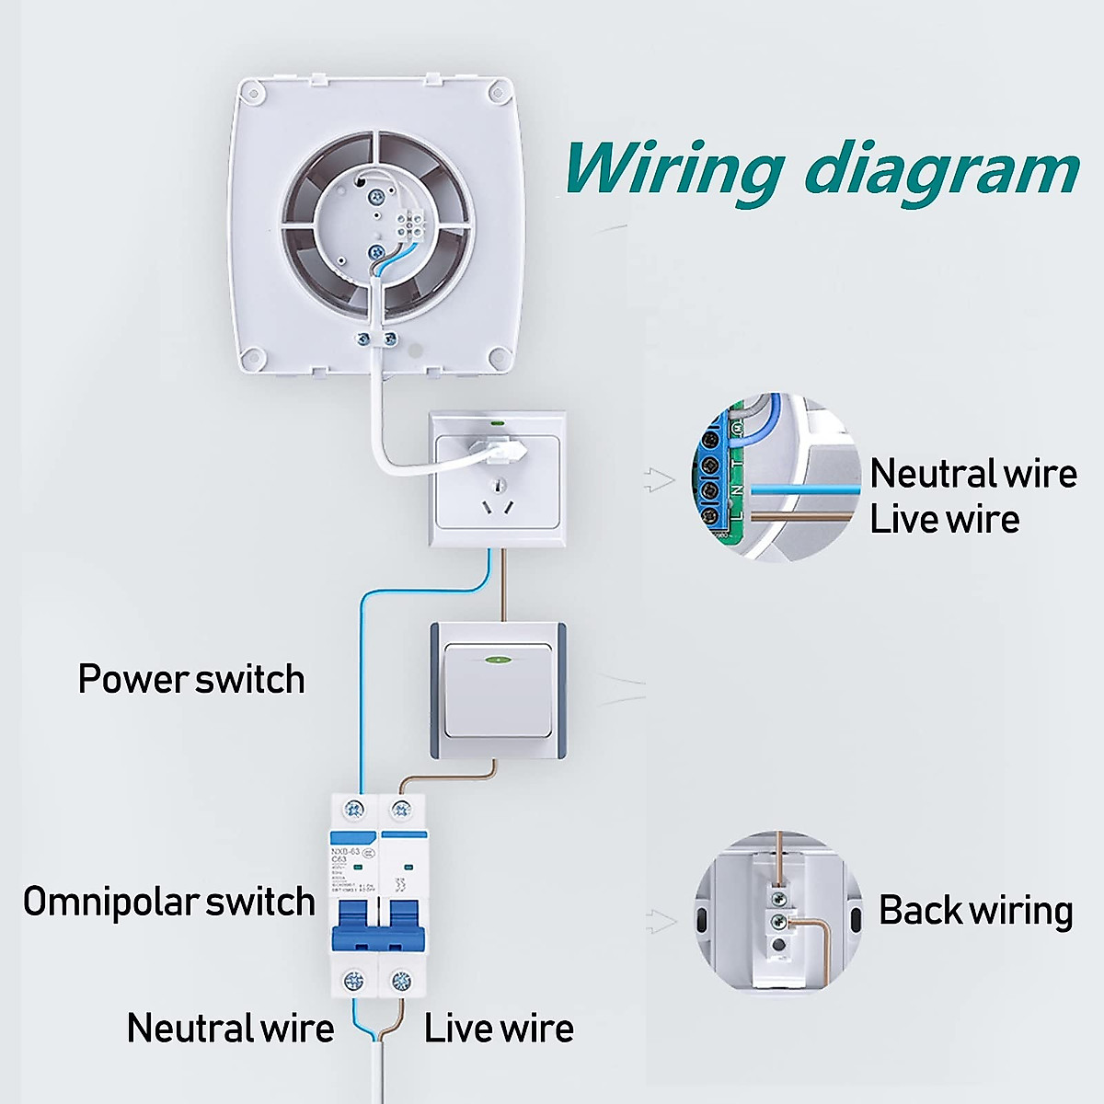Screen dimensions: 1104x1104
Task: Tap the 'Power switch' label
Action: [x=191, y=679]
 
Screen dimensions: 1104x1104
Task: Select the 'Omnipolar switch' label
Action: [x=169, y=902]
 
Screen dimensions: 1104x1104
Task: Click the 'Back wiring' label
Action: [x=975, y=910]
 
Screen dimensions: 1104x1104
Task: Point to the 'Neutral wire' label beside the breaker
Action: [x=230, y=1028]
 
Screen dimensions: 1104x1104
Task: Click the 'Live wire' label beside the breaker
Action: [x=499, y=1028]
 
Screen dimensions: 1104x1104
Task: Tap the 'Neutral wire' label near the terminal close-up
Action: [x=973, y=473]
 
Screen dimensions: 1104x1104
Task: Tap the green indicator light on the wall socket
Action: [x=498, y=424]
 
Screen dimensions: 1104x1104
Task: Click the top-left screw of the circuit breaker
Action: [x=352, y=810]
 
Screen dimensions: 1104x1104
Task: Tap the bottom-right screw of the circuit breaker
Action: [x=400, y=981]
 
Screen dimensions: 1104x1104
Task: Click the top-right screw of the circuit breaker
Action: [x=400, y=810]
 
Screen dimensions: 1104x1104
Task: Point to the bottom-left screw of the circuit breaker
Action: [x=352, y=981]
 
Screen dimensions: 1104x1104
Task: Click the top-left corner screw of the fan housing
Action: [x=251, y=89]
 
